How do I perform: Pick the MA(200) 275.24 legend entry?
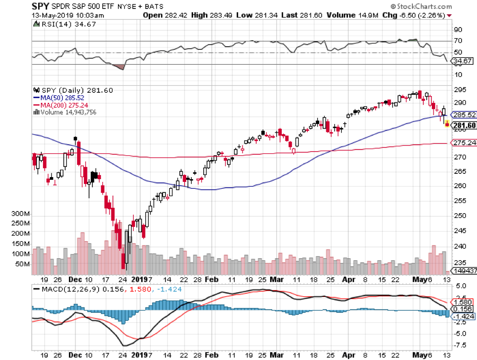tap(64, 105)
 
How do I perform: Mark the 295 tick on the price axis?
tap(459, 90)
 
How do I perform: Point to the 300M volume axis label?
tap(21, 214)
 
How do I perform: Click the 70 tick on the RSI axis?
tap(455, 41)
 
